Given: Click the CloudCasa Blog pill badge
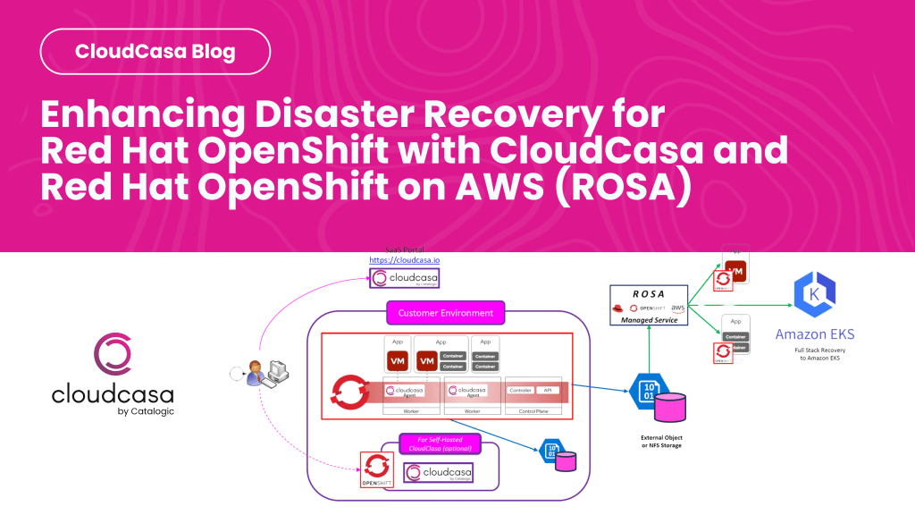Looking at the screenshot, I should pos(155,51).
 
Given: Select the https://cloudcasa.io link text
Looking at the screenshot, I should pos(404,260).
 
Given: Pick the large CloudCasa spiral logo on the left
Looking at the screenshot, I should pos(113,353).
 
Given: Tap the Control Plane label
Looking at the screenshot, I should pos(533,410).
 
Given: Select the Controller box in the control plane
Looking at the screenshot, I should pos(519,391).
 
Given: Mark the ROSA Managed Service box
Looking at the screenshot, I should pos(649,305).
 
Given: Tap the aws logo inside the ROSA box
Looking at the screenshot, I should pos(676,308).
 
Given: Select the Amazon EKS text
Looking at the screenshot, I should pos(814,334).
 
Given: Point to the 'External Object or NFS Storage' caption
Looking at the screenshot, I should pos(659,441).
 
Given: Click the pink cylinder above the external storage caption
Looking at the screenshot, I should pos(671,406).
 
